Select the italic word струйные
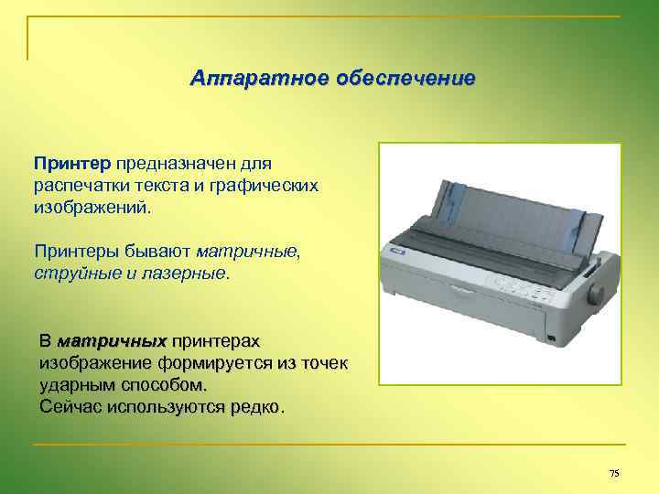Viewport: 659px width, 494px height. [x=71, y=272]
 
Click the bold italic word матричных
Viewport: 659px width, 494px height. [x=112, y=341]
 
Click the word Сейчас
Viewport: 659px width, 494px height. [x=71, y=406]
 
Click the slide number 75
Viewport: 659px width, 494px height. [x=613, y=473]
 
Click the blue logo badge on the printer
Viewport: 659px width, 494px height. [x=396, y=249]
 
